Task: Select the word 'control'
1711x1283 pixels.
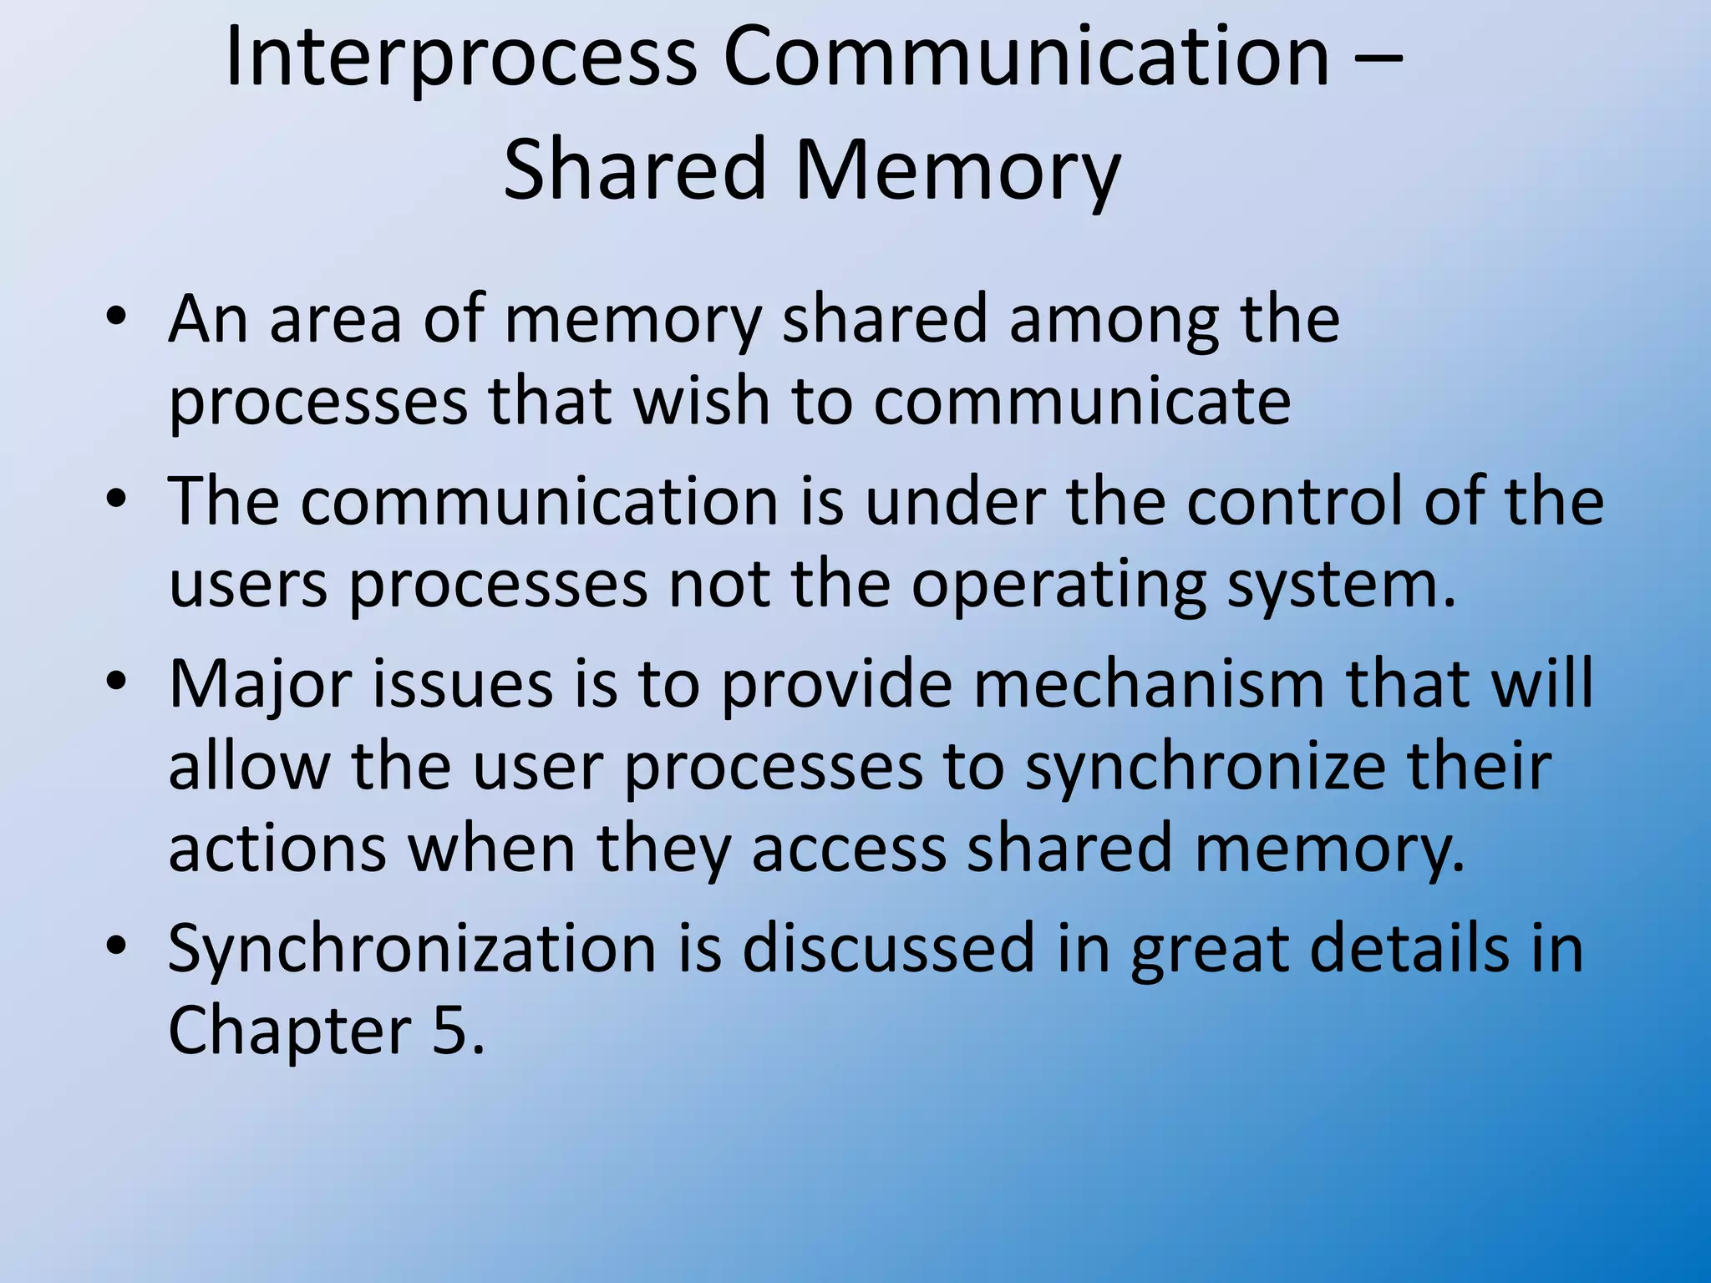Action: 1294,501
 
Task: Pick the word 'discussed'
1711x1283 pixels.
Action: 888,947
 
